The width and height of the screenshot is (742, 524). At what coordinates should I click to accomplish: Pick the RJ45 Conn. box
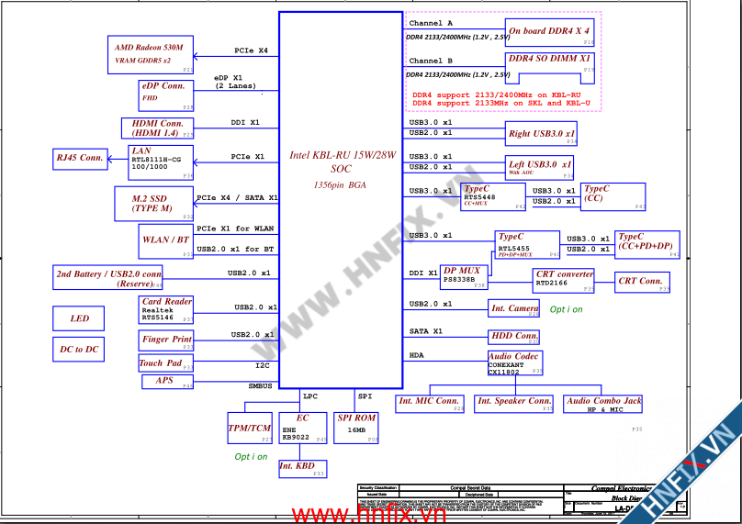[x=79, y=158]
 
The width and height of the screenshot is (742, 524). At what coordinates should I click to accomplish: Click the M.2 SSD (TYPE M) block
[x=152, y=203]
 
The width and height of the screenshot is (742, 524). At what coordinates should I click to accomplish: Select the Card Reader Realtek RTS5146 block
[x=166, y=310]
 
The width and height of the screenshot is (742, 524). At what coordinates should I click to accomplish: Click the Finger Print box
[x=167, y=340]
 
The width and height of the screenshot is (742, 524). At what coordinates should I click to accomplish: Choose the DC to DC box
[x=79, y=350]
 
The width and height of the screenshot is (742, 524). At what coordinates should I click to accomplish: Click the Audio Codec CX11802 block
[x=515, y=364]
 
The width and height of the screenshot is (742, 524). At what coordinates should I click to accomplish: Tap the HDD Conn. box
[x=514, y=336]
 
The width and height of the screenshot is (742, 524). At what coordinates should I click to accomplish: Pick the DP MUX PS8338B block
[x=463, y=276]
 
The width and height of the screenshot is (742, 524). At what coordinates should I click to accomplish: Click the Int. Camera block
[x=514, y=308]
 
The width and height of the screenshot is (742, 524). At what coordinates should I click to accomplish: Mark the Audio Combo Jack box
[x=604, y=404]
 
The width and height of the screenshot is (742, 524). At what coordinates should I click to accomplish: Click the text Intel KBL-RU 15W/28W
[x=342, y=156]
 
